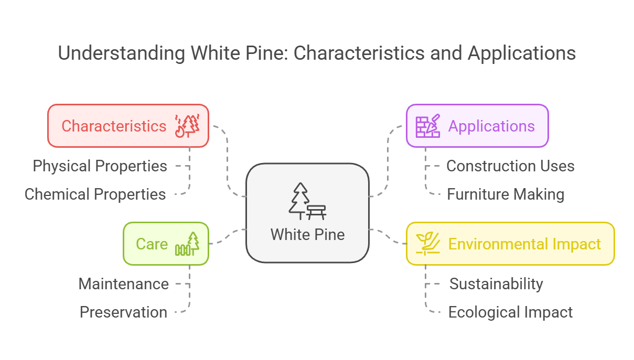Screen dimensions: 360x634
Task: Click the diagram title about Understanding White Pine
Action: point(317,53)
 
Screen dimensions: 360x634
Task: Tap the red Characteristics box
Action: point(128,126)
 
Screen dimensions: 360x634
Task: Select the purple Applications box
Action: point(477,126)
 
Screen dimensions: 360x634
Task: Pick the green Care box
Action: point(166,244)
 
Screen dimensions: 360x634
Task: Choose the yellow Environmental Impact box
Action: point(510,244)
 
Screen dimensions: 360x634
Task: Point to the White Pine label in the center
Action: point(307,234)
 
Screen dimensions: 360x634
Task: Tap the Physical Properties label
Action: point(100,166)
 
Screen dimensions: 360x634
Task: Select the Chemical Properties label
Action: point(95,194)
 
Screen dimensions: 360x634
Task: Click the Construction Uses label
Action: point(510,166)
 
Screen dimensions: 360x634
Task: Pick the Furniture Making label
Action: point(506,194)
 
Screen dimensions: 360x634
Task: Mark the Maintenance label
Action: point(124,284)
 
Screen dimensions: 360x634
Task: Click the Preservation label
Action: point(124,312)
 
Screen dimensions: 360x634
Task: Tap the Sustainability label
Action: point(496,284)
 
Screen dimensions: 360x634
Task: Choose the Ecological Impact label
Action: point(510,312)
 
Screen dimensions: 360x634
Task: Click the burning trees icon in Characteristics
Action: point(188,126)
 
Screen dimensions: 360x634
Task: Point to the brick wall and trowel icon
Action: point(428,126)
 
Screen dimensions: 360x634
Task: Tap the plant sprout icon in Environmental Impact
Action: point(428,244)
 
